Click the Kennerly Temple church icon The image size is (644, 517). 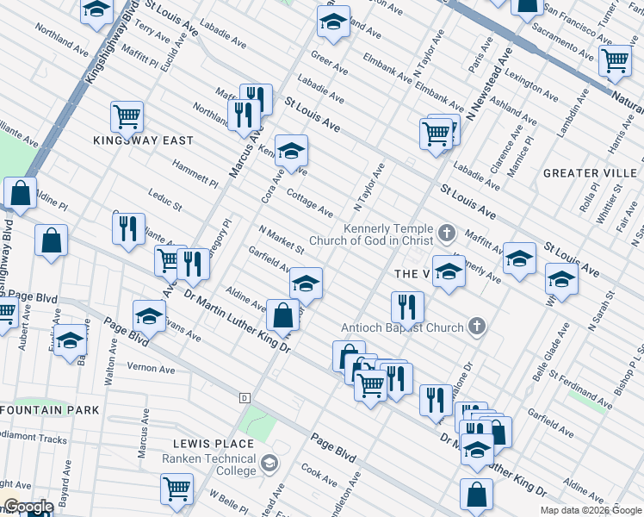click(446, 233)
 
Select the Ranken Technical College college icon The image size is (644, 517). click(269, 464)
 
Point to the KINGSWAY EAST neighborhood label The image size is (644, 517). click(144, 140)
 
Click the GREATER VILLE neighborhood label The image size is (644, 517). click(591, 173)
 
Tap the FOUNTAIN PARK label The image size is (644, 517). click(49, 410)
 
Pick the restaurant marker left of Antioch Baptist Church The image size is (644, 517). click(407, 306)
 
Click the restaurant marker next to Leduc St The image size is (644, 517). click(128, 228)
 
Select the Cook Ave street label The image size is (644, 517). click(319, 474)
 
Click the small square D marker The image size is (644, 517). click(245, 398)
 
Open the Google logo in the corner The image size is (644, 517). click(29, 507)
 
